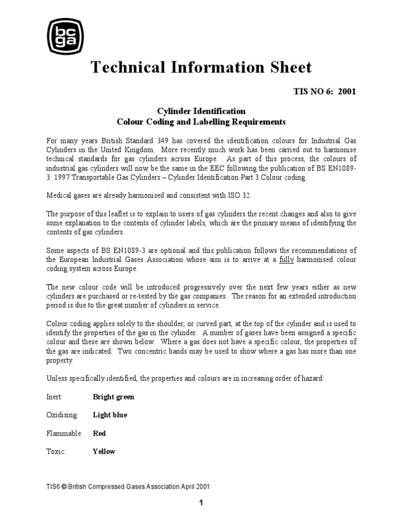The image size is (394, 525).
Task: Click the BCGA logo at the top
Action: [65, 36]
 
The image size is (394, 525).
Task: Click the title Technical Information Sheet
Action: [201, 67]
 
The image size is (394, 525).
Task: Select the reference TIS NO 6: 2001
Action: [324, 92]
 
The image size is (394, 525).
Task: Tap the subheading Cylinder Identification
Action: [201, 111]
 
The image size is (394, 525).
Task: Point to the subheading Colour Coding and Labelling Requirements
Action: [201, 122]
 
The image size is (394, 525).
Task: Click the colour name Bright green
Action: [113, 397]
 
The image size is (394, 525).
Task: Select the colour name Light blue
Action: [110, 415]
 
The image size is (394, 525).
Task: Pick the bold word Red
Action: [99, 434]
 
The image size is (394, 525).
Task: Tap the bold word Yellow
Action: [104, 452]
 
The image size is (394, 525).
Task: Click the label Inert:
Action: [55, 397]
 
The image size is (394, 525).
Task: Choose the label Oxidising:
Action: [62, 415]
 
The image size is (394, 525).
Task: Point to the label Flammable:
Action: [64, 434]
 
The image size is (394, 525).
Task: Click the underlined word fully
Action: [287, 260]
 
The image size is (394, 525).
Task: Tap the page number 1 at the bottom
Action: [201, 503]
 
